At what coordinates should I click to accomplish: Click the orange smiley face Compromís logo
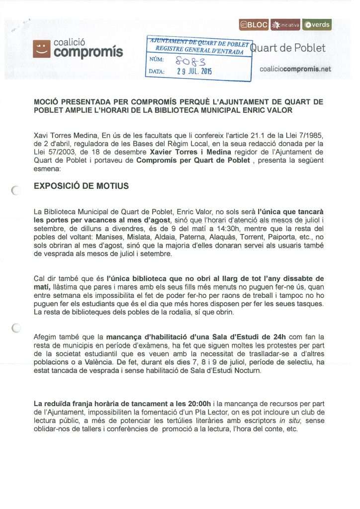click(x=42, y=48)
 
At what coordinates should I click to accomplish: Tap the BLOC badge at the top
click(x=254, y=24)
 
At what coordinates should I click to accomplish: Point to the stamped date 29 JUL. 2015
click(x=194, y=72)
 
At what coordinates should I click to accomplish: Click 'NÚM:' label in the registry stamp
click(x=158, y=60)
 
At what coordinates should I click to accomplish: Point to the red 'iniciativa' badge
click(x=286, y=24)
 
